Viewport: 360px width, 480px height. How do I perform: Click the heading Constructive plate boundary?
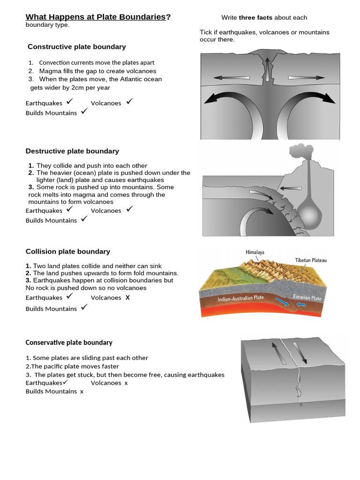(76, 47)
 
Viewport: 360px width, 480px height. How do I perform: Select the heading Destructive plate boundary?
(72, 151)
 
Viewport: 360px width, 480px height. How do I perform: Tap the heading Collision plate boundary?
(67, 251)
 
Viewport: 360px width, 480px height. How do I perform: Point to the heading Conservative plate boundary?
(69, 343)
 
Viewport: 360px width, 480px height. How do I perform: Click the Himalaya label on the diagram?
(255, 252)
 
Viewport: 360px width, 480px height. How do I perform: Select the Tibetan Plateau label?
(310, 260)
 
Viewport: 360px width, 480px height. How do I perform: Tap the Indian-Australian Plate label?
(240, 298)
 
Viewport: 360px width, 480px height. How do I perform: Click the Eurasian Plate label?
(307, 298)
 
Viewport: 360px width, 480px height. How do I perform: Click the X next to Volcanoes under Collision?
(127, 298)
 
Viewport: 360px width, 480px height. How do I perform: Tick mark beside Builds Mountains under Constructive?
(84, 112)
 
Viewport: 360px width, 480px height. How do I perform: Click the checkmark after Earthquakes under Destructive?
(69, 209)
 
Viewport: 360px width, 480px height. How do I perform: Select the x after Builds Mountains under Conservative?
(82, 392)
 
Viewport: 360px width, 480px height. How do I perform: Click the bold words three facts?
(255, 18)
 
